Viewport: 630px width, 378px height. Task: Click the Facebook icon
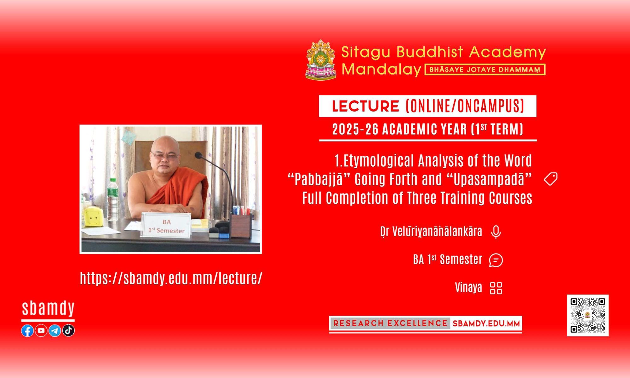point(27,330)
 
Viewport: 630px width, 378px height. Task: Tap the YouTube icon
point(41,330)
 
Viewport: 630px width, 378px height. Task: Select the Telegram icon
point(55,330)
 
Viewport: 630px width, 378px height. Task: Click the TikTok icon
point(68,330)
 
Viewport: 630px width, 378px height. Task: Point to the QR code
point(588,315)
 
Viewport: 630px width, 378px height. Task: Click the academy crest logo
point(321,60)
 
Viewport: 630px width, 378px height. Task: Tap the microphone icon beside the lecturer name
point(496,232)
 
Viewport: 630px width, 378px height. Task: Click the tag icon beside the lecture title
point(551,179)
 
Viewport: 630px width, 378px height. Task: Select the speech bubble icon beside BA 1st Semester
point(496,260)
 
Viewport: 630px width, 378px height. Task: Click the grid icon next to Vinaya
point(496,288)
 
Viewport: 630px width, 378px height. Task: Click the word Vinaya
point(468,288)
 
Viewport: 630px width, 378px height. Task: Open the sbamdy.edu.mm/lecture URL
point(171,278)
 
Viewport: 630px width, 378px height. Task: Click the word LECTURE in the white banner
point(365,106)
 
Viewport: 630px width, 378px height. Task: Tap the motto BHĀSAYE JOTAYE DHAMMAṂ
point(485,70)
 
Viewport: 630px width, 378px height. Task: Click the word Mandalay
point(381,69)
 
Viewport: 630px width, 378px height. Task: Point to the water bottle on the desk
point(112,199)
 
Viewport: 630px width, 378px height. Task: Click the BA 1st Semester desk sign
point(166,225)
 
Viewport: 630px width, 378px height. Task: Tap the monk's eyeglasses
point(165,155)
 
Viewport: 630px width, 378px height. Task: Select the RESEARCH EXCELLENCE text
point(390,323)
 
